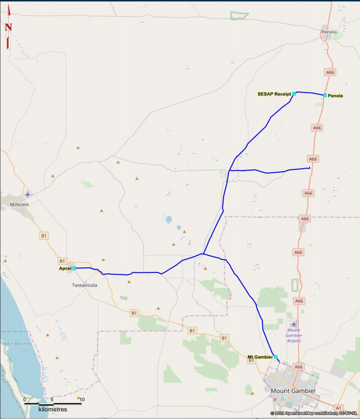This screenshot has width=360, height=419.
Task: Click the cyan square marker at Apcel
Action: tap(74, 268)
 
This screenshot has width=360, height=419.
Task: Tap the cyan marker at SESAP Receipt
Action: tap(294, 94)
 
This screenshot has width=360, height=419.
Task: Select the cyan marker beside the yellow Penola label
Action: tap(325, 96)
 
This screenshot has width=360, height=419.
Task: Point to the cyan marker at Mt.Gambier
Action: tap(276, 357)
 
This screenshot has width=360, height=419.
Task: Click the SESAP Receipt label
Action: tap(274, 94)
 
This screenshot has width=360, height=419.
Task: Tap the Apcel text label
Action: tap(65, 268)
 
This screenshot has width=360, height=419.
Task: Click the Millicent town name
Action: tap(19, 204)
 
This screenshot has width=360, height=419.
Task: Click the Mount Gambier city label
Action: tap(293, 390)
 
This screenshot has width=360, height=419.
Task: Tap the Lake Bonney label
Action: tap(15, 343)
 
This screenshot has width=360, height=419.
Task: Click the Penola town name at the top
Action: tap(329, 32)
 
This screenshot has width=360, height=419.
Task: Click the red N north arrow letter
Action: tap(8, 27)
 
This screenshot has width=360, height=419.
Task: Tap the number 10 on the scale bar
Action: tap(82, 399)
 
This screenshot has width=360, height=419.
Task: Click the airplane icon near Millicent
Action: tap(27, 194)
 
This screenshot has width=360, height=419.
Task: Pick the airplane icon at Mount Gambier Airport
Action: tap(293, 324)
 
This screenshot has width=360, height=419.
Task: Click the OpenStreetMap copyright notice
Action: tap(313, 413)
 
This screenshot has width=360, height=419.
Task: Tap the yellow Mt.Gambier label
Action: tap(260, 357)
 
